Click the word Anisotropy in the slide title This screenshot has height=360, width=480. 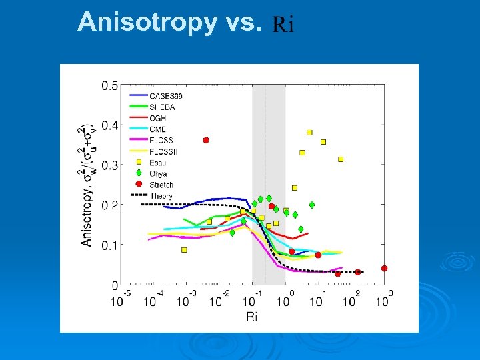(x=147, y=23)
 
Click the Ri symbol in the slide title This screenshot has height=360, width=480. (x=283, y=25)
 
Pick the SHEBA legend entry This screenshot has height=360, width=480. (x=162, y=107)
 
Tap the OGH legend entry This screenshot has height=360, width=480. (x=157, y=118)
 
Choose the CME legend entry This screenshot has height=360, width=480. (x=157, y=129)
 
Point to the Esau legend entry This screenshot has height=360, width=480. (x=158, y=163)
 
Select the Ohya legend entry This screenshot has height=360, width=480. (x=158, y=174)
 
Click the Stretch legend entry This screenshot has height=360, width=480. (x=161, y=185)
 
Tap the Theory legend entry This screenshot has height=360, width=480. (x=161, y=196)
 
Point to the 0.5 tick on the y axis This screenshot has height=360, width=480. (x=110, y=85)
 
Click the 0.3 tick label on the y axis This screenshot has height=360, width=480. (x=110, y=165)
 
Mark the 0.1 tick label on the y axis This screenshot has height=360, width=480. (x=110, y=245)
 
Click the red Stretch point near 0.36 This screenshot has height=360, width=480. (x=206, y=140)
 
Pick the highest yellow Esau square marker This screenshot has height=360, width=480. (x=309, y=133)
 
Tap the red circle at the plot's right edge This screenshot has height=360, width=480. (x=384, y=268)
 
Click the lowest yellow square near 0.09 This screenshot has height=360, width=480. (x=184, y=250)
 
